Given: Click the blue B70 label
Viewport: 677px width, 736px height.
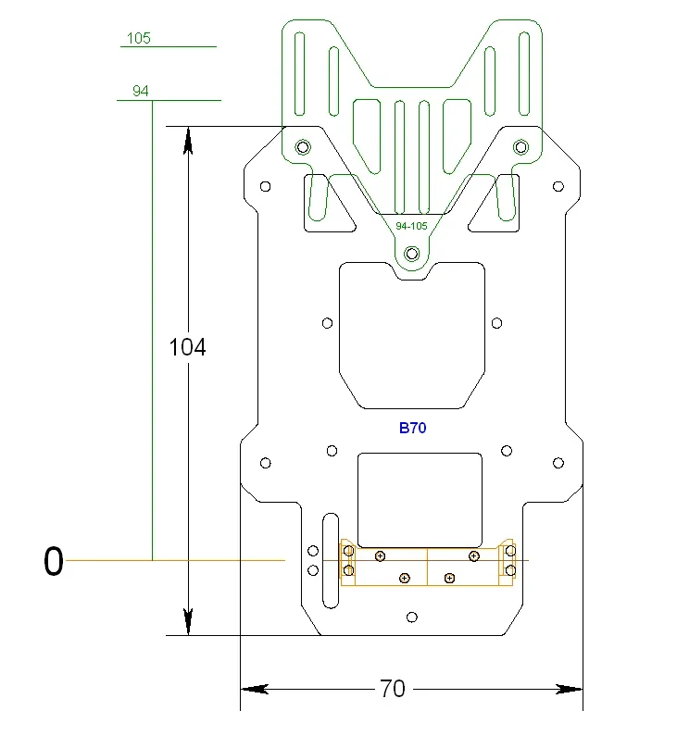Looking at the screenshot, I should point(412,428).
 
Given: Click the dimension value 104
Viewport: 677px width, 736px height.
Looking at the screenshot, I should point(188,347).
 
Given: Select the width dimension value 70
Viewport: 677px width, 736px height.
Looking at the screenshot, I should point(393,689).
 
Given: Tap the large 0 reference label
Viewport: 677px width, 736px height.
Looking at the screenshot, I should point(54,561).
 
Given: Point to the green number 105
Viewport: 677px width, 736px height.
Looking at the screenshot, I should point(138,39).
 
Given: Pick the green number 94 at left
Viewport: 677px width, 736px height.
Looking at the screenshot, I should point(141,91).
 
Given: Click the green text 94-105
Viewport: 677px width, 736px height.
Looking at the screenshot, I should point(411,226).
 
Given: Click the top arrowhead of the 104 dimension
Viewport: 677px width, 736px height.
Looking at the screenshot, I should point(188,140).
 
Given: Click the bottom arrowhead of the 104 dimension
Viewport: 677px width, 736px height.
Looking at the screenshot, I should point(188,621).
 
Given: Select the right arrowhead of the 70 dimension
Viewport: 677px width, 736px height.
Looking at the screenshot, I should point(568,689).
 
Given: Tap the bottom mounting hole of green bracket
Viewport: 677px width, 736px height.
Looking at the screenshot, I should point(412,254).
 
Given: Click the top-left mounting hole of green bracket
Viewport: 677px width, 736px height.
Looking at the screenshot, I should point(302,146).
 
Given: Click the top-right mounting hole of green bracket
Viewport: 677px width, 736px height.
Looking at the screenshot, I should point(520,146).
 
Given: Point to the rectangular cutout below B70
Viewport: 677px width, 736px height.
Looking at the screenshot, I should point(420,497).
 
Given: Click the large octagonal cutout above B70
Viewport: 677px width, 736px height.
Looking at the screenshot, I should point(412,333).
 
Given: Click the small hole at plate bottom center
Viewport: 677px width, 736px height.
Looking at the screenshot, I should point(412,617).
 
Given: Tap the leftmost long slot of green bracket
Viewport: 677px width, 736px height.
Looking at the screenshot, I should point(299,70).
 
